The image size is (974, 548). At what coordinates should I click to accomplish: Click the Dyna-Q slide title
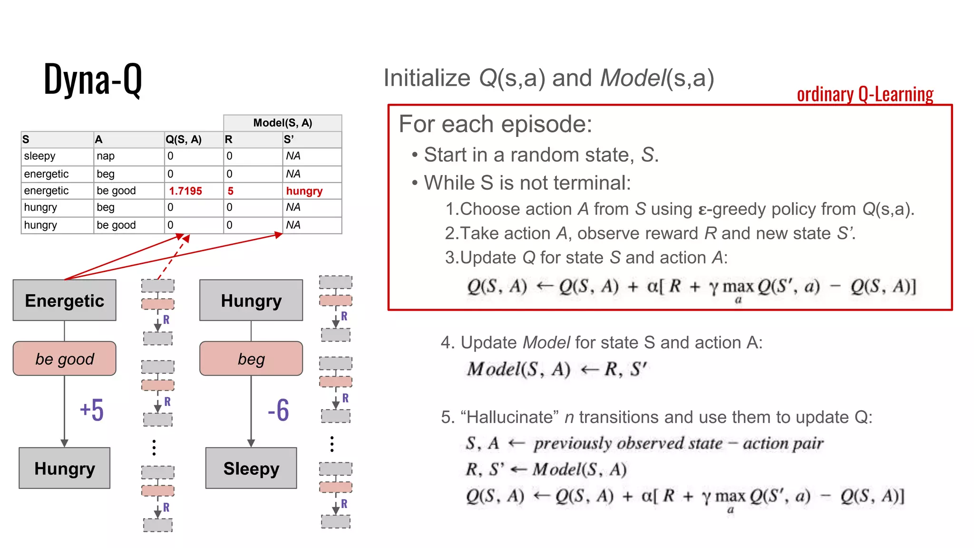(93, 79)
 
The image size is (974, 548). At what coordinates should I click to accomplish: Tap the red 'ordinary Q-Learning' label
(865, 94)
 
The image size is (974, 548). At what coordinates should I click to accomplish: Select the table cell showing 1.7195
(185, 191)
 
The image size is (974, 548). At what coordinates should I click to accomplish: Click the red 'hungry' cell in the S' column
(304, 191)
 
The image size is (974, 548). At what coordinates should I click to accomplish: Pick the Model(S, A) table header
(282, 123)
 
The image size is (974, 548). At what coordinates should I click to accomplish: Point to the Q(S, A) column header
(184, 139)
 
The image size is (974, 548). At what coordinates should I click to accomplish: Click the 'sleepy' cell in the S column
(40, 156)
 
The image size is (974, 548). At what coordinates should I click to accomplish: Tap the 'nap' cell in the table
(106, 156)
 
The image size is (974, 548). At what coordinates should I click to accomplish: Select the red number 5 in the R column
(231, 191)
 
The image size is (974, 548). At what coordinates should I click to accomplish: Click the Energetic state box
(65, 301)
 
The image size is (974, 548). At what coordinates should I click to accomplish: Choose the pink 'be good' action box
(65, 359)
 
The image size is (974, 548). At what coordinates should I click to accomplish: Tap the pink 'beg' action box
(251, 359)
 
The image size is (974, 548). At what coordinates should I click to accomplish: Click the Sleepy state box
(251, 468)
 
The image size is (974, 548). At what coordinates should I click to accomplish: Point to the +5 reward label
(92, 410)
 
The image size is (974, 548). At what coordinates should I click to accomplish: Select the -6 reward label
(278, 410)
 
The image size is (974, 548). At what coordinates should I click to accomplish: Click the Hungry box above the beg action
(251, 301)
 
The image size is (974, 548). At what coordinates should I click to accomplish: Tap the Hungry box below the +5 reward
(65, 468)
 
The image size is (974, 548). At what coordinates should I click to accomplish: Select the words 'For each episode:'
(496, 124)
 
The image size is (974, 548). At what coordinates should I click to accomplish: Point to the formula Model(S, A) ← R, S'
(557, 369)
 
